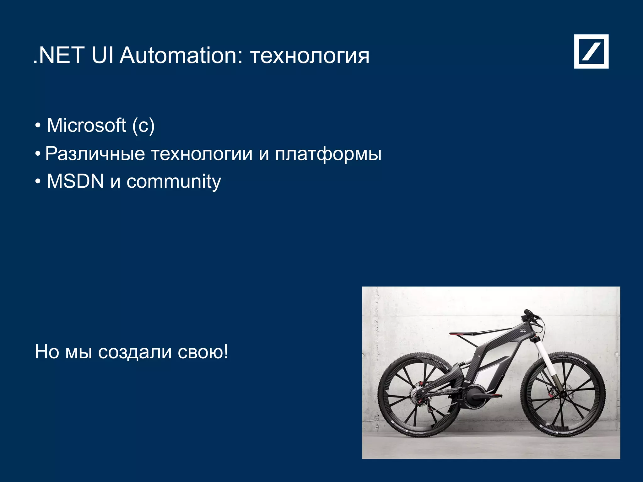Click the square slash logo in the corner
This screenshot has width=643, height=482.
pyautogui.click(x=591, y=51)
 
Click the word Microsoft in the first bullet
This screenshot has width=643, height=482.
pyautogui.click(x=86, y=126)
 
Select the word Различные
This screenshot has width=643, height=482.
pyautogui.click(x=95, y=154)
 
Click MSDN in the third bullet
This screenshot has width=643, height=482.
pyautogui.click(x=75, y=181)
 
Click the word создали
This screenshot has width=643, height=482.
pyautogui.click(x=135, y=352)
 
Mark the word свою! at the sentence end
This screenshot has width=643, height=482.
pyautogui.click(x=203, y=352)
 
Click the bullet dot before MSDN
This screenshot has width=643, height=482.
pyautogui.click(x=38, y=182)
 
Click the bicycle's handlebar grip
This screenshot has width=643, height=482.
pyautogui.click(x=527, y=312)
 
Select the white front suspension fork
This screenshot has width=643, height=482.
pyautogui.click(x=544, y=355)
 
